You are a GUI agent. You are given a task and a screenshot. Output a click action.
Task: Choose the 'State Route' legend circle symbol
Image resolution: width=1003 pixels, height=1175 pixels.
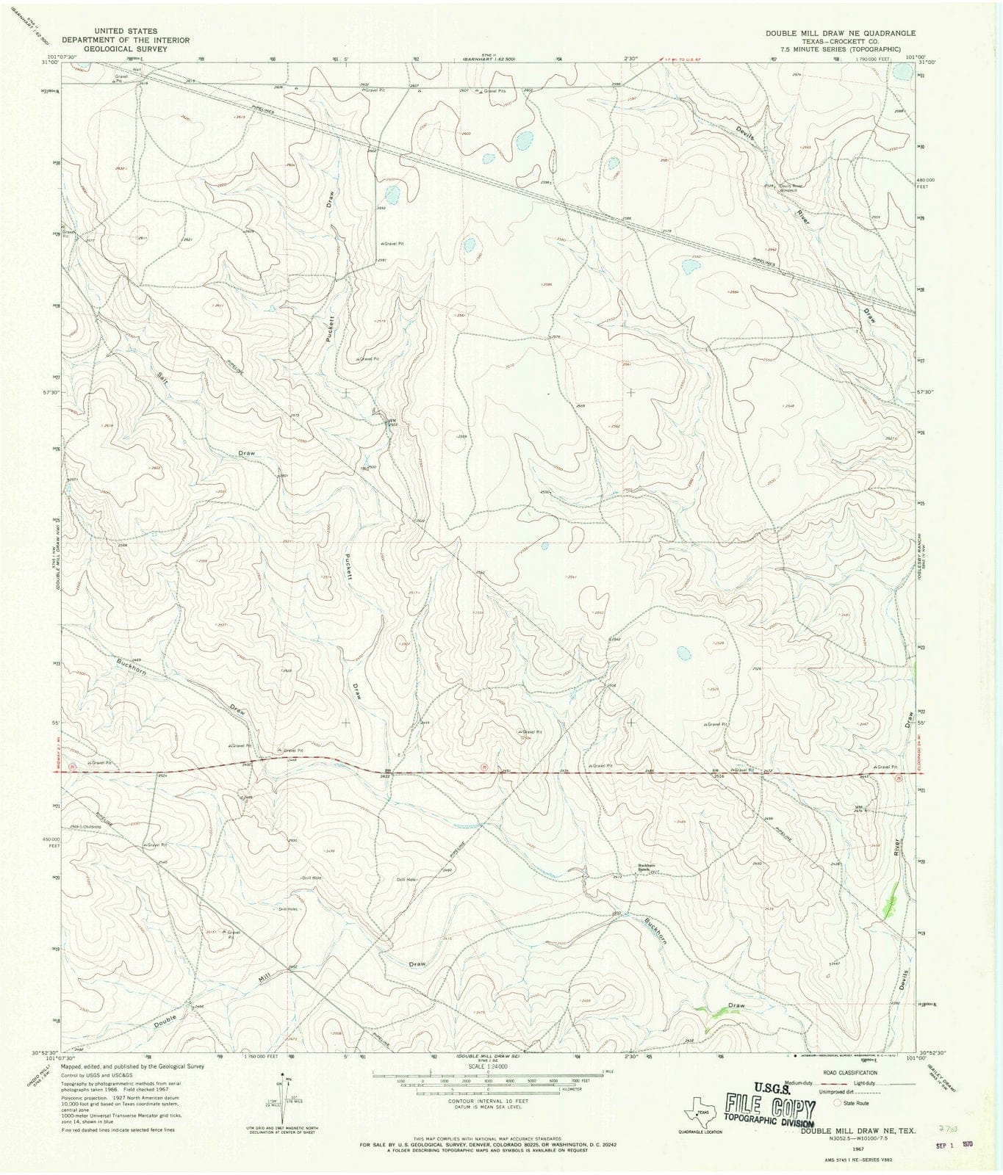coord(838,1103)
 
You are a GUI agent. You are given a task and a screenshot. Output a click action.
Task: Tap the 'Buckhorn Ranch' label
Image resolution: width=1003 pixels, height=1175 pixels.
coord(646,866)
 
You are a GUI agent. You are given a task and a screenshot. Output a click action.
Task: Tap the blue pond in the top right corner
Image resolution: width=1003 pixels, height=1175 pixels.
coord(900,72)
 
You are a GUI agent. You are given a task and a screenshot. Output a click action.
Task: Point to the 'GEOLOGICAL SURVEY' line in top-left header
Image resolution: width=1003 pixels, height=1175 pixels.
coord(125,48)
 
